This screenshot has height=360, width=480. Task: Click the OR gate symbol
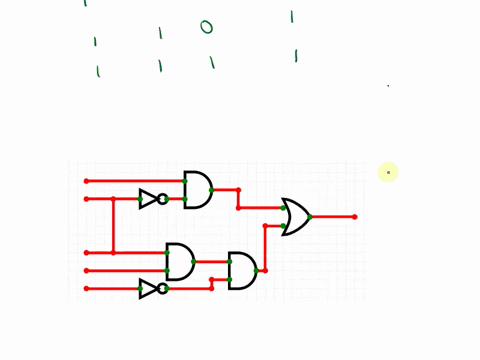click(x=296, y=216)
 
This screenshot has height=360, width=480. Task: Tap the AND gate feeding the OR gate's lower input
click(x=242, y=270)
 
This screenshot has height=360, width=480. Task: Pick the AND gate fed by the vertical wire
click(x=180, y=261)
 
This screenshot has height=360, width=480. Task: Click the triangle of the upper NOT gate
click(x=148, y=199)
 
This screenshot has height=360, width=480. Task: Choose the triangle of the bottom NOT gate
click(x=148, y=288)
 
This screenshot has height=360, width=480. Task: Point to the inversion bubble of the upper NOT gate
click(x=162, y=199)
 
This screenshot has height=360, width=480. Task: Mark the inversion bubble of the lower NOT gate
click(x=162, y=288)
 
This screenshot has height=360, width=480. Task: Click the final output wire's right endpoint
click(x=354, y=217)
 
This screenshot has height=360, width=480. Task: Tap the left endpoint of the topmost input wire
click(x=86, y=181)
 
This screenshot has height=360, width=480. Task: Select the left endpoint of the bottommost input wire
click(x=86, y=288)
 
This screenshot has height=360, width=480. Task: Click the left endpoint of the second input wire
click(x=86, y=199)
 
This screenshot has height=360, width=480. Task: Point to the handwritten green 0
click(x=207, y=27)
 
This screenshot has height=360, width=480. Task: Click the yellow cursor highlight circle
click(x=389, y=172)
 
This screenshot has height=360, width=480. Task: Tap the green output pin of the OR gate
click(x=310, y=217)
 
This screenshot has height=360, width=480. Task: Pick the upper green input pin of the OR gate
click(x=284, y=208)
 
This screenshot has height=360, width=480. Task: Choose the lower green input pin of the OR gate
click(x=284, y=225)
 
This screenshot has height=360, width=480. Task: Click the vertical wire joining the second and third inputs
click(x=113, y=226)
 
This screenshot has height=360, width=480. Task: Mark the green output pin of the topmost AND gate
click(x=212, y=189)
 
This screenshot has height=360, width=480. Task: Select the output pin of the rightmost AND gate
click(x=256, y=270)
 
